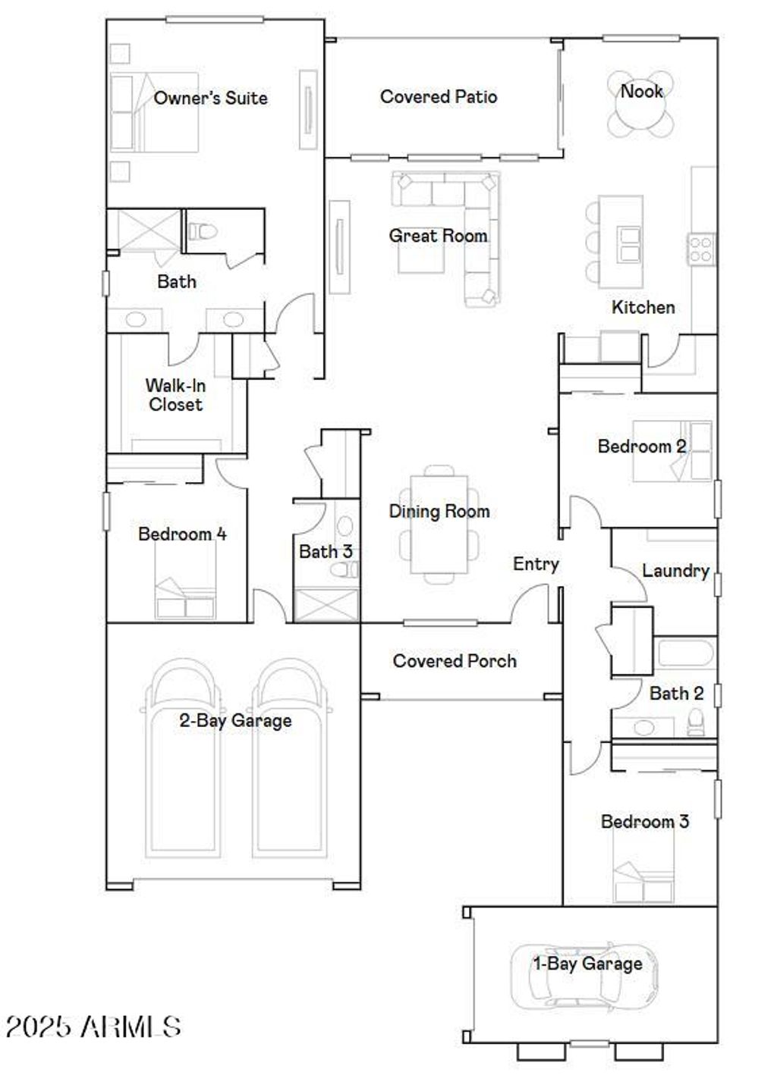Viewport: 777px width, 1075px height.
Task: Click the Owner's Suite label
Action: point(210,98)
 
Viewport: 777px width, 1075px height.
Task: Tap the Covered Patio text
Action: point(439,97)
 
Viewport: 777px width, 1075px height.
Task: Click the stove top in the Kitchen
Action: point(700,249)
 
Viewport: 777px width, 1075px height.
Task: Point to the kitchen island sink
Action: point(629,243)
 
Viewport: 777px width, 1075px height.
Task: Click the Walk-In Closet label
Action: point(175,395)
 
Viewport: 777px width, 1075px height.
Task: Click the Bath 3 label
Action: point(326,551)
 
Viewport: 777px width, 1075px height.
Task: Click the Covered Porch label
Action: point(455,661)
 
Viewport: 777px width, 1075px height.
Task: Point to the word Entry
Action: point(536,564)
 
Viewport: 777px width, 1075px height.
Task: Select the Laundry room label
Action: point(675,571)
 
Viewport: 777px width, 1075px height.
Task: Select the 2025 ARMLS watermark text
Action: point(93,1027)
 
